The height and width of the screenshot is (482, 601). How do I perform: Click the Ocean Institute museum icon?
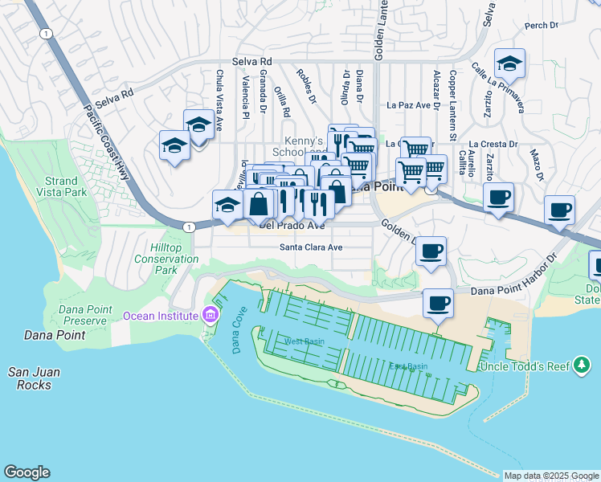pos(211,314)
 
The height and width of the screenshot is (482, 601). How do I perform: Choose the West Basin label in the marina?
pos(302,342)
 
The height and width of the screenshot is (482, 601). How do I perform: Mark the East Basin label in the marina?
pos(408,366)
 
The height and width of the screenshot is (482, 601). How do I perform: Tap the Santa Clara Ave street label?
pos(311,247)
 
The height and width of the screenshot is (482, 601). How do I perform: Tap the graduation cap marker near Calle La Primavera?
pos(509,62)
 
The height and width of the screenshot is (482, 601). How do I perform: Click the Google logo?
pos(27,472)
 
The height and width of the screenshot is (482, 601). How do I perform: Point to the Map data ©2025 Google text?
pos(551,476)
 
